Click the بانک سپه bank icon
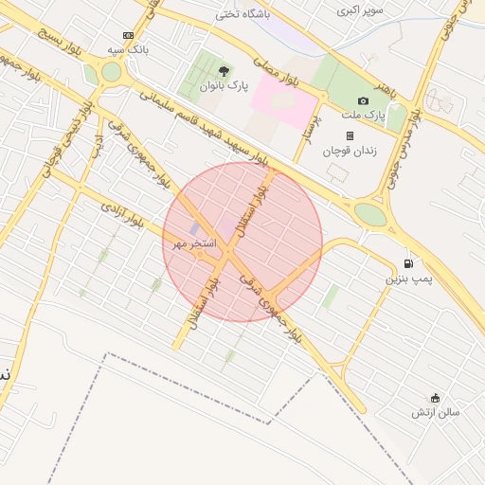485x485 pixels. coord(129,35)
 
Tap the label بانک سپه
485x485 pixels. coord(129,48)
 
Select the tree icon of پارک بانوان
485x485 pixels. coord(224,71)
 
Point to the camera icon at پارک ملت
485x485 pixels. coord(363,100)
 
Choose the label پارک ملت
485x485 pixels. coord(363,115)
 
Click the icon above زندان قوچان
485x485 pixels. coord(350,136)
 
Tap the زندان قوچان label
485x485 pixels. coord(350,151)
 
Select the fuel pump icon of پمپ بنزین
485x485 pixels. coord(408,263)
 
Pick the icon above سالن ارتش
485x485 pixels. coord(435,398)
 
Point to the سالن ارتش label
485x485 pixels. coord(435,412)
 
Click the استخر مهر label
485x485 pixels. coord(193,243)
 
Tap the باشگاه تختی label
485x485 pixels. coord(242,13)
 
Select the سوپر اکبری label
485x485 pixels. coord(363,10)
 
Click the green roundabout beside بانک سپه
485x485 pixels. coord(112,71)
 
